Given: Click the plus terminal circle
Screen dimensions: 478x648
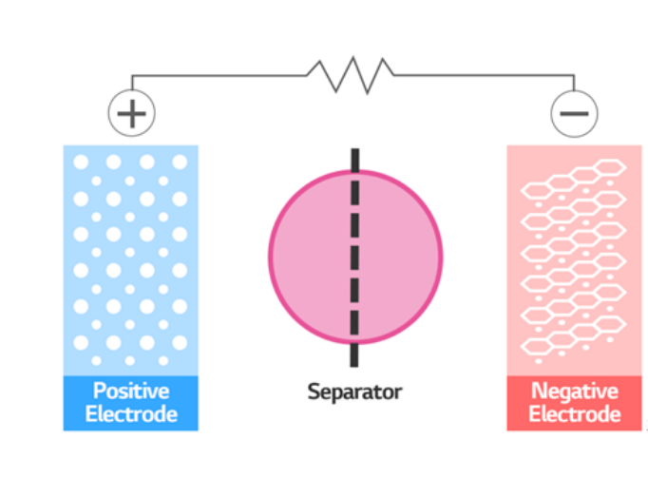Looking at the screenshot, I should [132, 114].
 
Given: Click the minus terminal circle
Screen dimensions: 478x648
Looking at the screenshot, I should [574, 114].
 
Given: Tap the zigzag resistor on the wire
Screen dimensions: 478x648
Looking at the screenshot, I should [350, 73].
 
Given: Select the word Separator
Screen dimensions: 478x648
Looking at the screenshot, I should [354, 391].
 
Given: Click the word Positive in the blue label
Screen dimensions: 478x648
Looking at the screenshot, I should [130, 391].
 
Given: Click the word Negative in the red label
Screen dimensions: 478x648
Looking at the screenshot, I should [574, 391].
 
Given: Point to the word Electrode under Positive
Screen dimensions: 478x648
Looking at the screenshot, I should [130, 414].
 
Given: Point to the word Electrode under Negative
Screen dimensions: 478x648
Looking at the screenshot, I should [574, 414].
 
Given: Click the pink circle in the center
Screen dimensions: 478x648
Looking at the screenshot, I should [314, 257].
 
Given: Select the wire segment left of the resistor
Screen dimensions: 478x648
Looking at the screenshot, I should [219, 74].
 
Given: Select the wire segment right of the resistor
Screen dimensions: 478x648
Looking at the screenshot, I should [485, 74].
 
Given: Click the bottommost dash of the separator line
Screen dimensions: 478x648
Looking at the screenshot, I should [355, 354].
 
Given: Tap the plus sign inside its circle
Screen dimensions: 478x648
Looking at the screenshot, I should [132, 114].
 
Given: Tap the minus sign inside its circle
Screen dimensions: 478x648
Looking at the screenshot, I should [574, 114].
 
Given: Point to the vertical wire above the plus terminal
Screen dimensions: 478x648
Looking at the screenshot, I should [132, 84].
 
